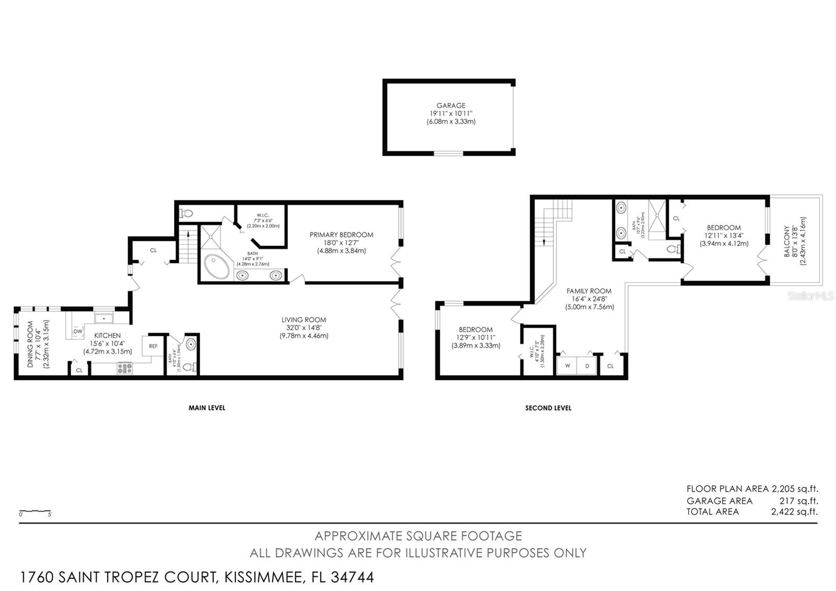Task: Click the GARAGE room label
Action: click(451, 106)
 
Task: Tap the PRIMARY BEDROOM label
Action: click(341, 235)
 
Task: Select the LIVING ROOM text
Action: click(304, 320)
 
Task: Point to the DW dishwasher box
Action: click(78, 331)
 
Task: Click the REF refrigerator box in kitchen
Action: click(153, 346)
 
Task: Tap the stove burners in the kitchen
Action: click(124, 368)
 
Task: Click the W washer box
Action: click(566, 366)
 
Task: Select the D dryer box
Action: click(587, 366)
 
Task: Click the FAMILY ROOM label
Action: click(589, 291)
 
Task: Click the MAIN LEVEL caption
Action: click(207, 408)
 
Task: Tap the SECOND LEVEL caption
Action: click(548, 408)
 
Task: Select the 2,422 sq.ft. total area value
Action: click(794, 512)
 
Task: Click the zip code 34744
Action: click(354, 577)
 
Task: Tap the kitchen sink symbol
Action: click(103, 318)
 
